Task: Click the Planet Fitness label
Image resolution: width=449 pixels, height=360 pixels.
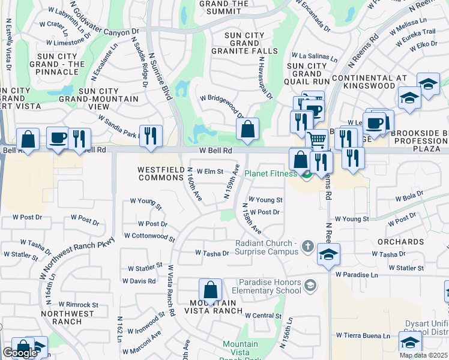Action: tap(270, 174)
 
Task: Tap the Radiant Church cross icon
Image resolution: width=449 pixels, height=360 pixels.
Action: tap(307, 245)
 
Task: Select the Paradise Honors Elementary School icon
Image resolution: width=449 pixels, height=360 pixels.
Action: tap(310, 285)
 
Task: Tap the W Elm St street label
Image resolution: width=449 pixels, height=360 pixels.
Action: tap(210, 172)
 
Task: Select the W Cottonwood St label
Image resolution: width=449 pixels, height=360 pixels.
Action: tap(149, 236)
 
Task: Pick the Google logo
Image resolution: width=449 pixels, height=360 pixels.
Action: tap(20, 353)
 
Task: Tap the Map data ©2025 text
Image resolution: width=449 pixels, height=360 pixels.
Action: tap(423, 355)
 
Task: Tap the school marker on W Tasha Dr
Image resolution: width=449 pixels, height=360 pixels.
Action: tap(328, 254)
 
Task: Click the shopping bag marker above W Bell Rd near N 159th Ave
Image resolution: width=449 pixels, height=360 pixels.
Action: tap(247, 128)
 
